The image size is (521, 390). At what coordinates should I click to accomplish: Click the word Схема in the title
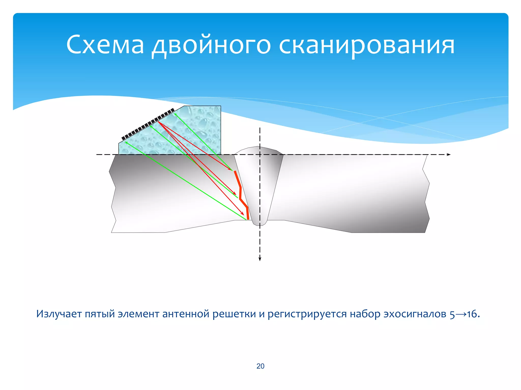tap(105, 45)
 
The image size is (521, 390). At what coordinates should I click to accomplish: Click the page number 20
tap(260, 366)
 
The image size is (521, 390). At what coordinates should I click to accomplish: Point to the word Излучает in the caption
tap(59, 314)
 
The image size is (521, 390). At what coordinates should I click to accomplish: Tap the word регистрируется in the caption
tap(307, 314)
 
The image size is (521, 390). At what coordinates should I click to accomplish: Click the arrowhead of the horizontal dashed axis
tap(449, 154)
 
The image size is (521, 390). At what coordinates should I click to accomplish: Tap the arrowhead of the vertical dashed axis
tap(260, 259)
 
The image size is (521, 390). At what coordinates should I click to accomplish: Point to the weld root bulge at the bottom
tap(259, 223)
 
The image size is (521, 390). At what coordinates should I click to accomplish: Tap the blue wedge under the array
tap(193, 132)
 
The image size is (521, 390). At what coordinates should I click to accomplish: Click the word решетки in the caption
tap(234, 314)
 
